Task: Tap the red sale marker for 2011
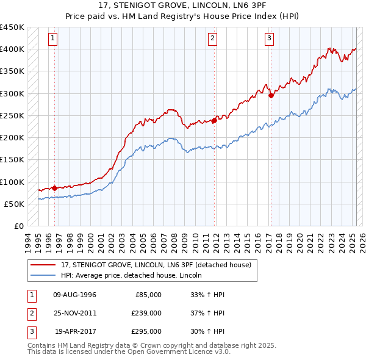point(215,120)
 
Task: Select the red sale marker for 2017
point(271,95)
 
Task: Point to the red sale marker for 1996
point(54,188)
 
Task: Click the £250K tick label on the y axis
point(12,115)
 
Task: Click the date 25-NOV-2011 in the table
point(75,313)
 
